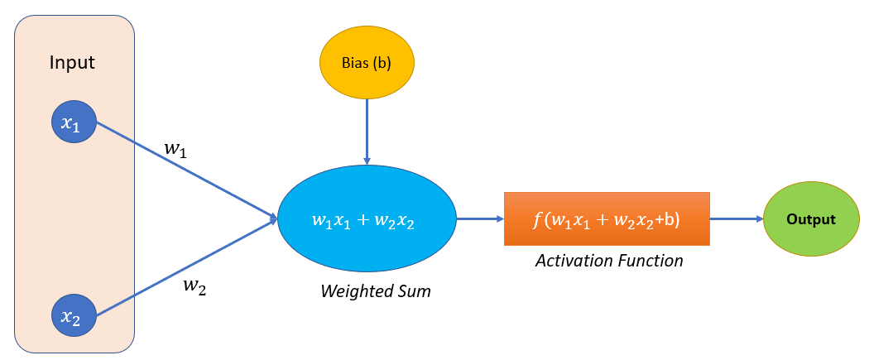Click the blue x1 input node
(74, 124)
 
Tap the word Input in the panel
(73, 63)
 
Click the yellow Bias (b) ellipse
(367, 63)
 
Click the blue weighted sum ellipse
(367, 219)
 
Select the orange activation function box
(607, 219)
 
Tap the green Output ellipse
(810, 219)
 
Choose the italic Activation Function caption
(608, 262)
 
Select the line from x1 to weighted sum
(186, 171)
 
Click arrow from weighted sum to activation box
(480, 219)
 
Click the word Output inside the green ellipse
(810, 220)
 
